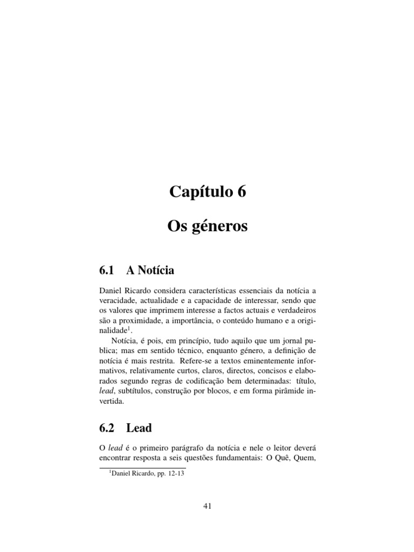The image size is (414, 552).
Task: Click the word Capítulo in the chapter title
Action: tap(199, 191)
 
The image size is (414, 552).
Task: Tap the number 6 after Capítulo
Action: tap(240, 191)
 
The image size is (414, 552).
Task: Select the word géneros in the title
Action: tap(222, 226)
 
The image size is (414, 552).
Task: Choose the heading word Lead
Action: tap(139, 428)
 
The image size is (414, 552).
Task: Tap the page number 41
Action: tap(207, 506)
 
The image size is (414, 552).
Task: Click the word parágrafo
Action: tap(183, 447)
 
